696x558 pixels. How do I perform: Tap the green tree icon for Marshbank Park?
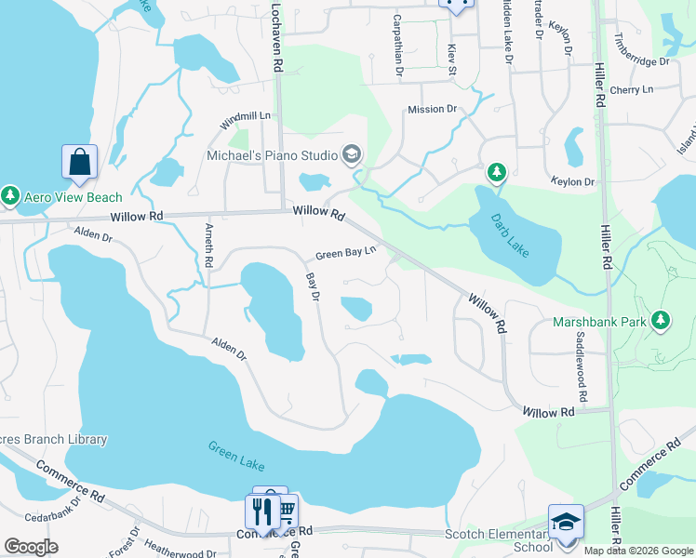click(661, 321)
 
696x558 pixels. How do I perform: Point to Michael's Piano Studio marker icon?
click(352, 153)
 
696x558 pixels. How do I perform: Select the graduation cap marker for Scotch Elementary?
click(566, 522)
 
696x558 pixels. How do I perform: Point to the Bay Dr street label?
click(314, 286)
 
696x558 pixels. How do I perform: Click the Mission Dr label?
click(432, 110)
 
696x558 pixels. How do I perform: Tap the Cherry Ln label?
click(633, 90)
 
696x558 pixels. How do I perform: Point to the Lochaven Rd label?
click(276, 37)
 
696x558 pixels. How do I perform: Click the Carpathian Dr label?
click(397, 45)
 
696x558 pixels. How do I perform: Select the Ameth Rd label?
click(208, 246)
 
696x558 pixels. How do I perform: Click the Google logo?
click(31, 547)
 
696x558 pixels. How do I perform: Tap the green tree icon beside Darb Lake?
click(497, 173)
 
